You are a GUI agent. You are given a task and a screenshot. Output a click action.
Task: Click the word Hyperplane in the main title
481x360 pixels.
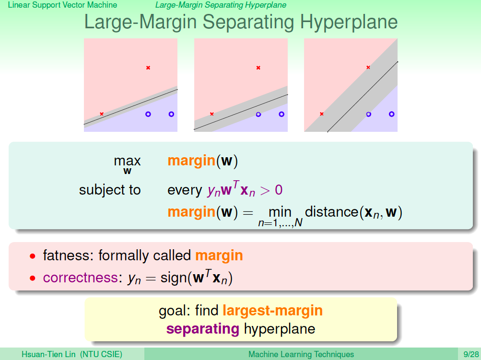349,23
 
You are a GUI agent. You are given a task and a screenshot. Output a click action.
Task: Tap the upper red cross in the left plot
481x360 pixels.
148,68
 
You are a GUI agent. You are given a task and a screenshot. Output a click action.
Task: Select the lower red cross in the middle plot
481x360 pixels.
211,114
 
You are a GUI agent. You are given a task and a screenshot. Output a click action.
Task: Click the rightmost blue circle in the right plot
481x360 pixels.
391,114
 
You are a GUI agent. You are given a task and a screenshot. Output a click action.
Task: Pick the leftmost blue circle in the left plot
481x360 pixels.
148,114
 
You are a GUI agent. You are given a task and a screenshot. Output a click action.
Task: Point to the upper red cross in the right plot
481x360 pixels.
368,68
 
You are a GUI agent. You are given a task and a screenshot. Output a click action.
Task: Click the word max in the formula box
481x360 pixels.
127,161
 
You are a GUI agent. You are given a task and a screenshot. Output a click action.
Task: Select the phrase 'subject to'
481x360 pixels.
110,190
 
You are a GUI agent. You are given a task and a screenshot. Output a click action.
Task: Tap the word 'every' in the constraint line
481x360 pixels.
185,190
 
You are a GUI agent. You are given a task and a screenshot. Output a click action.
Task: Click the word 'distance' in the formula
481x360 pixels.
331,212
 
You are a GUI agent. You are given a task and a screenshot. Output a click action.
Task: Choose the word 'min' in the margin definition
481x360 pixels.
280,212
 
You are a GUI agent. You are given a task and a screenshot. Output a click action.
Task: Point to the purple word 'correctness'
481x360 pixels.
81,278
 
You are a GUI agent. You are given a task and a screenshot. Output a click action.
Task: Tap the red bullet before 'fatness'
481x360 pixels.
33,256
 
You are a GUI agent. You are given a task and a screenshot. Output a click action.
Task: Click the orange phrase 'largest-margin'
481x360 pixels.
273,311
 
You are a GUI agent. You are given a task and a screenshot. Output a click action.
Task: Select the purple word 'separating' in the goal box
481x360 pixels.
203,329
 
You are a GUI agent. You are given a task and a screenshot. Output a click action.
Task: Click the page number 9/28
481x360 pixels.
471,354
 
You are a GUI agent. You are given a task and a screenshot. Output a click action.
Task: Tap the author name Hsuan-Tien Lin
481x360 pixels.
48,354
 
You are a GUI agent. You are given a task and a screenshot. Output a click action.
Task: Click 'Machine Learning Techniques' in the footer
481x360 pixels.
301,354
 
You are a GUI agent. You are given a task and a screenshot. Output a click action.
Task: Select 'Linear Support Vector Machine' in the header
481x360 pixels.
62,5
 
